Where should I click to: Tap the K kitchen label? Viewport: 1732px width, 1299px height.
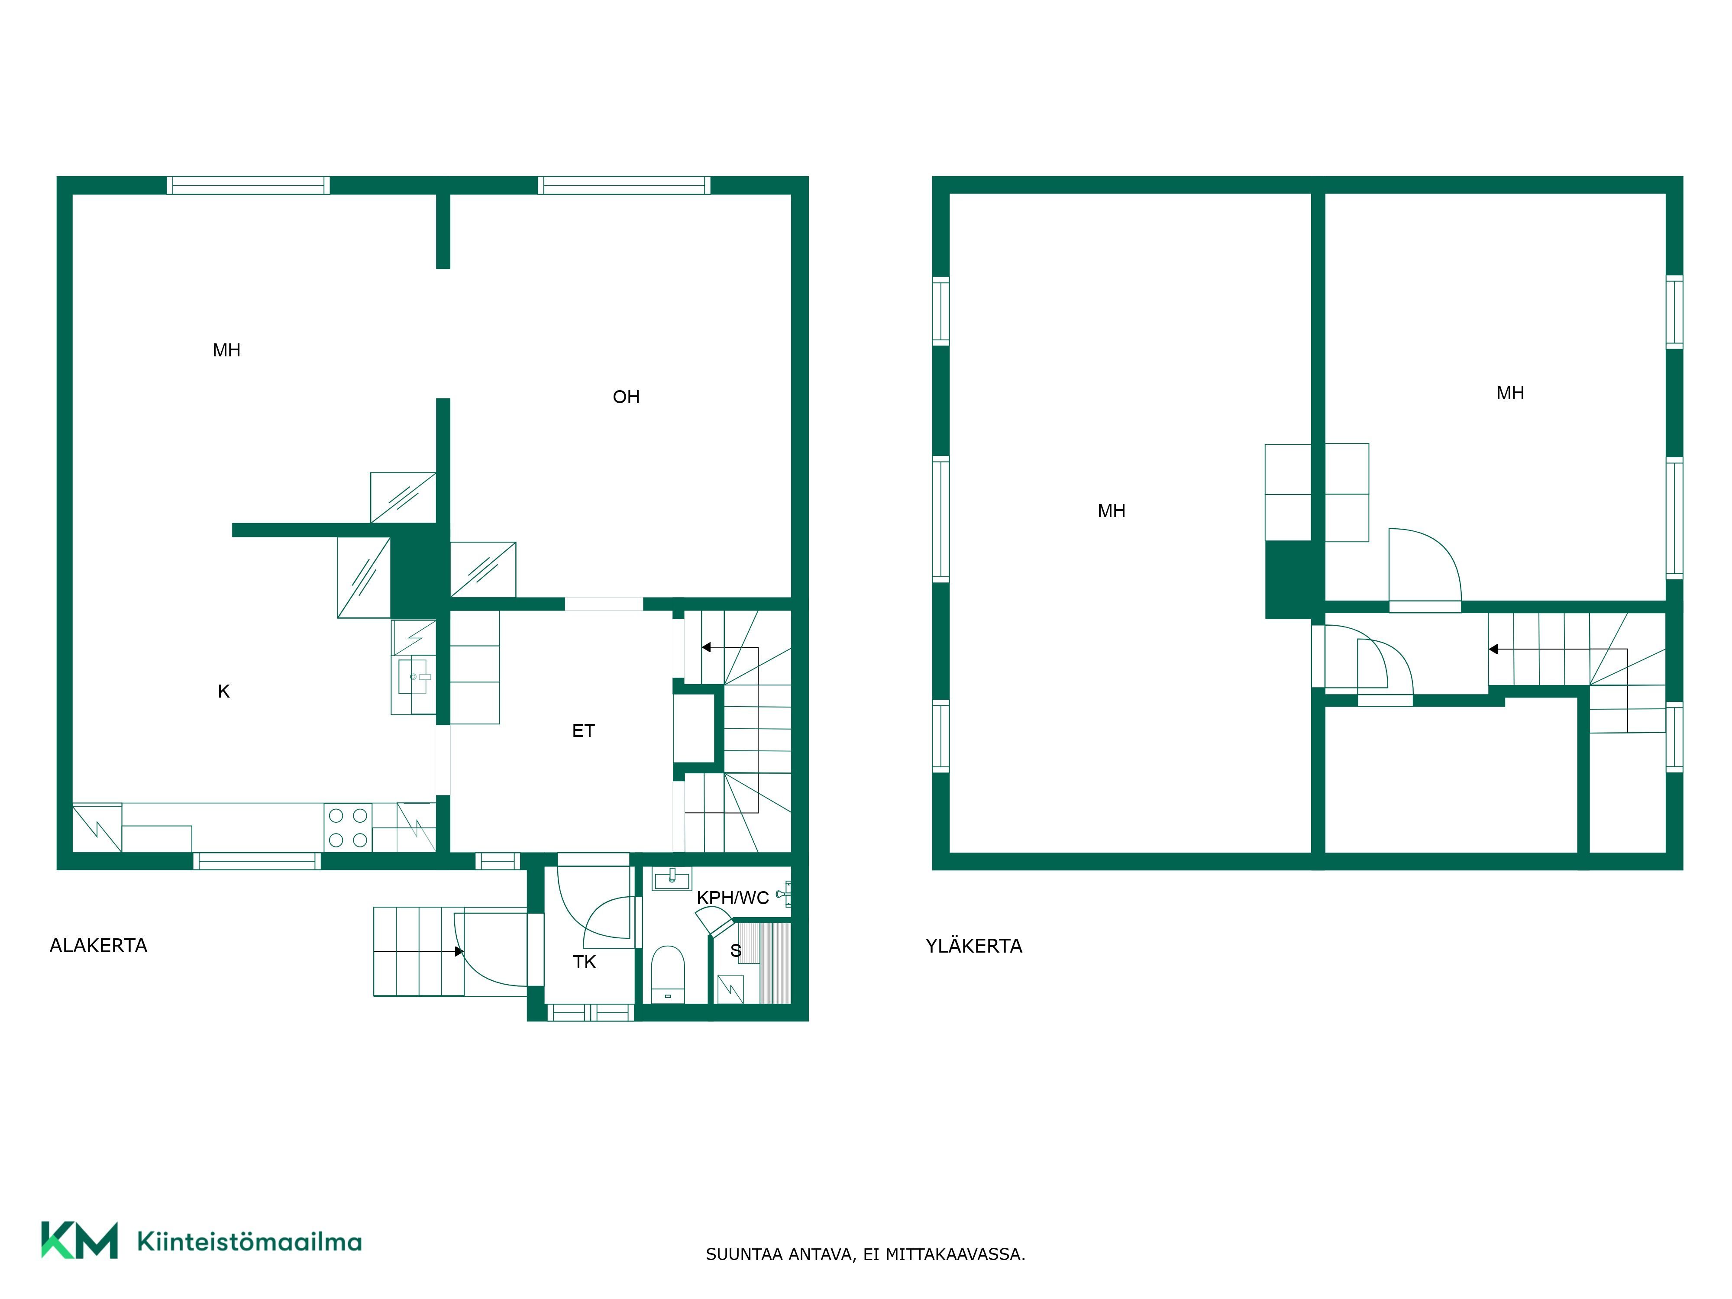pyautogui.click(x=224, y=692)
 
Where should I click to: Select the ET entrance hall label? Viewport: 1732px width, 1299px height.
pyautogui.click(x=583, y=730)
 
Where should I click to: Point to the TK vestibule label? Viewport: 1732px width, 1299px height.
pyautogui.click(x=584, y=962)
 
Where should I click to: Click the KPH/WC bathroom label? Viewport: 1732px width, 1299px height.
pyautogui.click(x=733, y=898)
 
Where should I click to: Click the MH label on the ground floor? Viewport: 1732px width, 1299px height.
pyautogui.click(x=226, y=350)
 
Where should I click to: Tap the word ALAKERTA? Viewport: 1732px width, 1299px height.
pyautogui.click(x=99, y=945)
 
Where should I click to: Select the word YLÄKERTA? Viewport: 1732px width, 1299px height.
pyautogui.click(x=974, y=945)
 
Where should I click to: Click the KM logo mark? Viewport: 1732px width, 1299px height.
pyautogui.click(x=80, y=1240)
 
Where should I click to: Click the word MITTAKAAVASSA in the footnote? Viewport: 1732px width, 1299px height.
pyautogui.click(x=955, y=1254)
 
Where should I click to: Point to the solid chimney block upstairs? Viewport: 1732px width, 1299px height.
pyautogui.click(x=1289, y=579)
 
